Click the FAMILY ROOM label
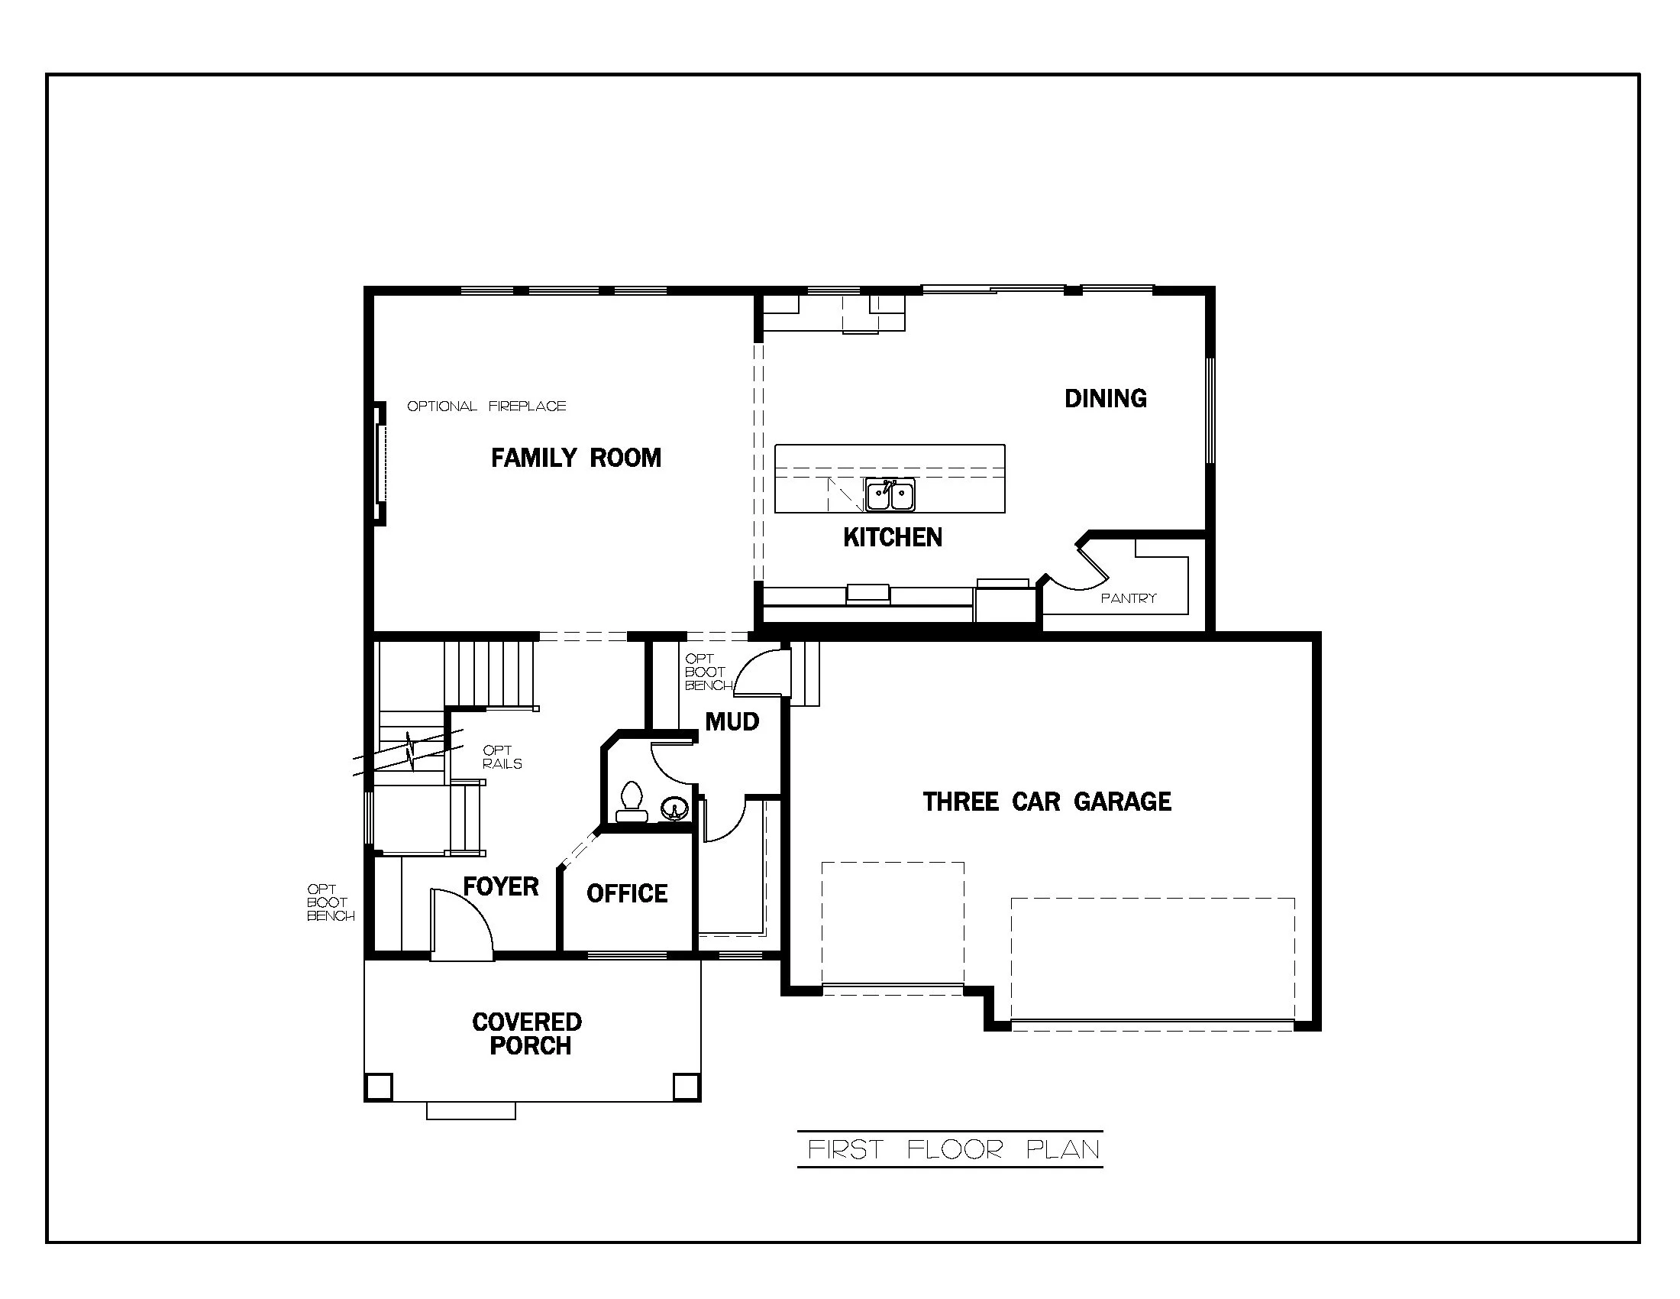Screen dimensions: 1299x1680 [x=576, y=458]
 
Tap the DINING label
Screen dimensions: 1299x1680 [x=1106, y=399]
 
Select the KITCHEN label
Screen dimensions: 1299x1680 [x=892, y=537]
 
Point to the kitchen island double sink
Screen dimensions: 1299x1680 [x=889, y=495]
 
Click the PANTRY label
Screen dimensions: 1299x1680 [x=1129, y=598]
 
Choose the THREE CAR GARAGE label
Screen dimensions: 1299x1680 [x=1047, y=802]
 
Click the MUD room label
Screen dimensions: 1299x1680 [x=732, y=722]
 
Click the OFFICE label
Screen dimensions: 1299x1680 [x=627, y=893]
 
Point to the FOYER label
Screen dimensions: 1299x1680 [x=501, y=886]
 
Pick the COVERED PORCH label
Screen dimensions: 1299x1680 [x=528, y=1034]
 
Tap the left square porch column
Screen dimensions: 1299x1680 [x=379, y=1087]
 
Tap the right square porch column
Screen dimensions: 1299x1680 [x=686, y=1087]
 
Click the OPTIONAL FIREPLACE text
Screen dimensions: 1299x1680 [x=486, y=407]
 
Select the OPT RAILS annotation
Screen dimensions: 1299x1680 [x=502, y=757]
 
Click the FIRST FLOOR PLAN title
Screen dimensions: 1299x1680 [x=954, y=1150]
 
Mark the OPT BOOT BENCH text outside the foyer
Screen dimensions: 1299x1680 [x=330, y=902]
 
